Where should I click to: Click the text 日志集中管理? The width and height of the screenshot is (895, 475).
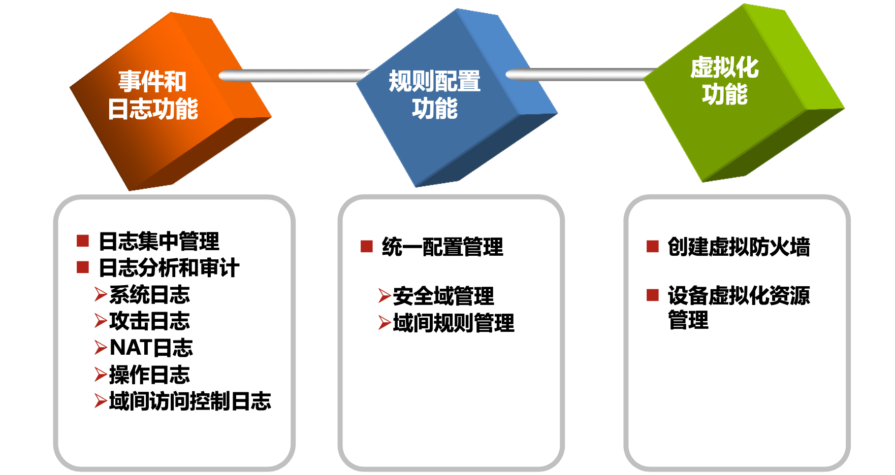coord(159,242)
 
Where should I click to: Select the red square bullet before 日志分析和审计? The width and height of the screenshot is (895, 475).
coord(83,267)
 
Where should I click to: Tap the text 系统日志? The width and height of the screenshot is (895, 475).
coord(149,295)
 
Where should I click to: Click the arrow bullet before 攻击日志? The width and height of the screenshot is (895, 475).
coord(101,321)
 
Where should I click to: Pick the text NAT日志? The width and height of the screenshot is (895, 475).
coord(151,348)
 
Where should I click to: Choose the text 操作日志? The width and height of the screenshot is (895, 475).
coord(149,375)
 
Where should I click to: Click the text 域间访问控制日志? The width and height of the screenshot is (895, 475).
coord(190,401)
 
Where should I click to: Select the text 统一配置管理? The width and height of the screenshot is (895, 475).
coord(442,247)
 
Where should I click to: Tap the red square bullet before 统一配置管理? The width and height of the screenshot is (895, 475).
coord(366,247)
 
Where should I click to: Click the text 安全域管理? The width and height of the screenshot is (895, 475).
coord(443,296)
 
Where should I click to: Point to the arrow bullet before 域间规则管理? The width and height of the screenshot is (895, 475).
coord(385,323)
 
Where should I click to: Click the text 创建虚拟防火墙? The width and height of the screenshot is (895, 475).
coord(739,247)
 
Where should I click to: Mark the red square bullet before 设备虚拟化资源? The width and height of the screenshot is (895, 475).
coord(652,295)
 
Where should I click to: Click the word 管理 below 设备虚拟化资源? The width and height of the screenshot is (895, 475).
coord(688,320)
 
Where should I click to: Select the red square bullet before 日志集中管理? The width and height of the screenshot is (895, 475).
coord(83,241)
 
